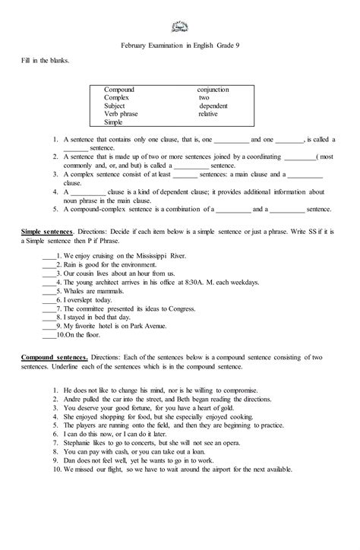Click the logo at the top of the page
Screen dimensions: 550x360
point(180,24)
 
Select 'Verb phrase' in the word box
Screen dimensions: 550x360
point(122,114)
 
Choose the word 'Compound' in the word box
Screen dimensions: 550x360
point(119,90)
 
